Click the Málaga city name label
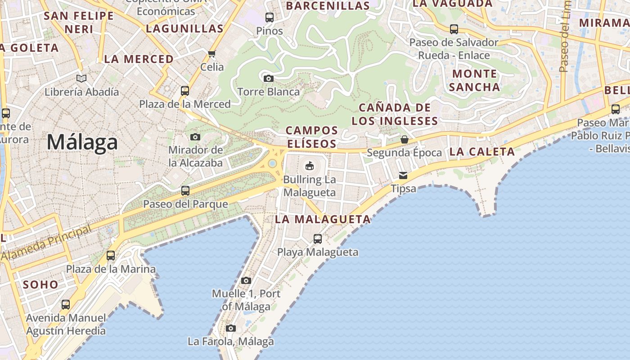[x=82, y=142]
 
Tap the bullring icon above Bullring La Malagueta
[x=310, y=166]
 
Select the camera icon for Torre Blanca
[x=268, y=79]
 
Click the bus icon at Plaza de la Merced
[x=184, y=91]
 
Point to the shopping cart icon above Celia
[x=211, y=54]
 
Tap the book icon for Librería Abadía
[x=81, y=79]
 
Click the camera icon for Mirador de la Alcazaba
[x=195, y=137]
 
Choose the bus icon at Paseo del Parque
[x=185, y=191]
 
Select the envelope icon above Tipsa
[x=403, y=175]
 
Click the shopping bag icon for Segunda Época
[x=404, y=139]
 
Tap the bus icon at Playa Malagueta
[x=318, y=239]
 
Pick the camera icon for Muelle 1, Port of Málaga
[x=246, y=281]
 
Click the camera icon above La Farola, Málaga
[x=230, y=328]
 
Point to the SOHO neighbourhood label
[x=40, y=284]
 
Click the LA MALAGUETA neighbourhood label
[x=323, y=220]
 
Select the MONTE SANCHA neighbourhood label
[x=474, y=80]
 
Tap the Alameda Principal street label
[x=46, y=243]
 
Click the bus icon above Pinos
[x=269, y=18]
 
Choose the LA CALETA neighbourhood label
[x=482, y=152]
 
